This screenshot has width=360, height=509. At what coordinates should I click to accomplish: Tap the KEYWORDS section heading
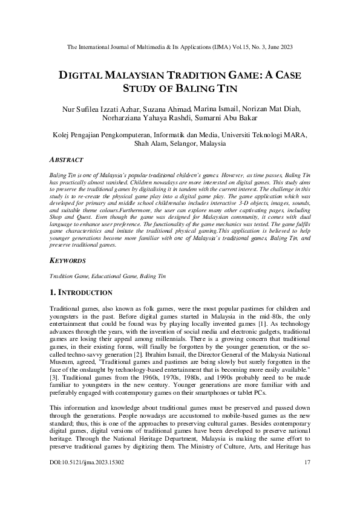(x=67, y=261)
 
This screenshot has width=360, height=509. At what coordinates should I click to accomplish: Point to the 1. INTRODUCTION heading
(x=80, y=293)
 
